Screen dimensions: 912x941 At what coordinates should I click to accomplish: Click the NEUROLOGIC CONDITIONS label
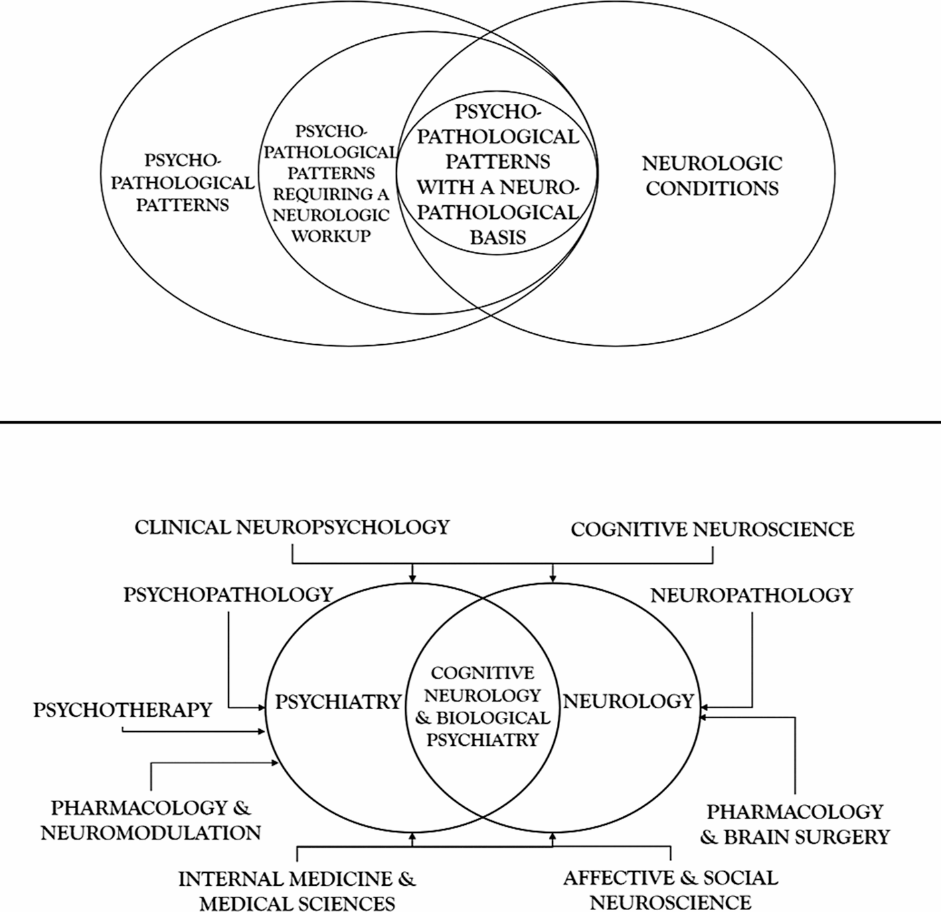pos(712,175)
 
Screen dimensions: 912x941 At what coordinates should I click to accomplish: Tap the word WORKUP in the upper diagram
pos(331,236)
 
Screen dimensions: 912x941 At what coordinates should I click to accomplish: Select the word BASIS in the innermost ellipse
pos(497,237)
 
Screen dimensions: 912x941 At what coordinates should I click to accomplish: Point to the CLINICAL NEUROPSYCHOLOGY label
pos(292,527)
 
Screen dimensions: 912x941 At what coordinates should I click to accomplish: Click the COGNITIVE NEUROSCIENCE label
pos(712,530)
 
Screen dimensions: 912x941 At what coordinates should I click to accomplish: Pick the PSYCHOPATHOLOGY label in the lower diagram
pos(228,595)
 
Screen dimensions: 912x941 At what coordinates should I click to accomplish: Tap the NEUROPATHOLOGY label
pos(752,595)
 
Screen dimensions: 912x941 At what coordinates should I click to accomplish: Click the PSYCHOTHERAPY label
pos(122,710)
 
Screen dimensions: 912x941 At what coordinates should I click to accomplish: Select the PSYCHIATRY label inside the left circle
pos(338,702)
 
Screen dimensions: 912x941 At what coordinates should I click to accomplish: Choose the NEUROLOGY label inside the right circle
pos(628,701)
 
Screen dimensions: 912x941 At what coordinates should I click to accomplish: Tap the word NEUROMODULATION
pos(151,833)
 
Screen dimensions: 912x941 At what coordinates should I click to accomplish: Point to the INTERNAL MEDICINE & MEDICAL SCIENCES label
pos(297,890)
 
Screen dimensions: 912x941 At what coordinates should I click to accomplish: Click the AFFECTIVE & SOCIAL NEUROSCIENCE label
pos(671,889)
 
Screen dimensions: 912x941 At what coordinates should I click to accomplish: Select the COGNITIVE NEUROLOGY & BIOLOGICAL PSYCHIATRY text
pos(482,706)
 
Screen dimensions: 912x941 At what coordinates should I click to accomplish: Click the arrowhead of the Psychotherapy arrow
pos(262,732)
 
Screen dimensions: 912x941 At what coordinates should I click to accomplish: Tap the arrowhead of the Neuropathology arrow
pos(701,706)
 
